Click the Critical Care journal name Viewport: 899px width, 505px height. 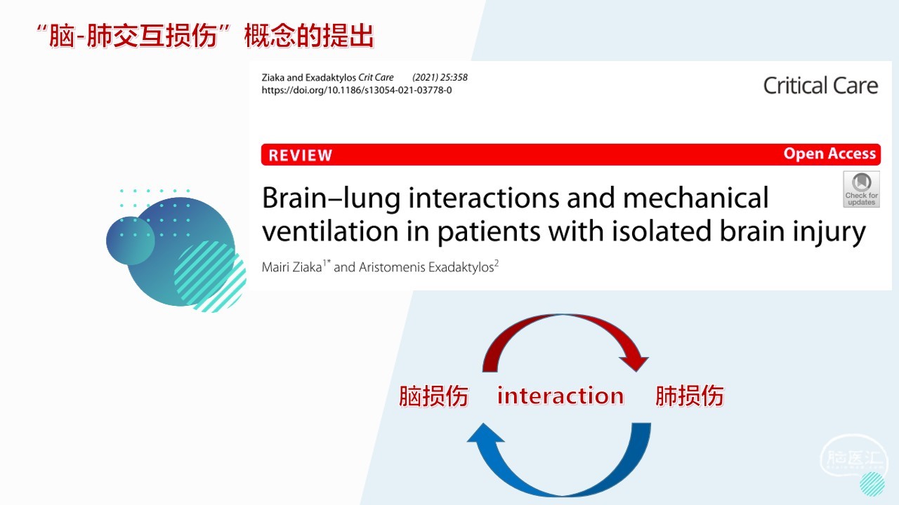pos(820,86)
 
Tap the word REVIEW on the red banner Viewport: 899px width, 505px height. pos(301,156)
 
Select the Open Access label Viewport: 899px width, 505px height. pos(829,154)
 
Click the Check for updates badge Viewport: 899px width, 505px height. pos(861,189)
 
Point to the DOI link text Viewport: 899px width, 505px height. pos(356,90)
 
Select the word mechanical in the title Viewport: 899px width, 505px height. pos(695,198)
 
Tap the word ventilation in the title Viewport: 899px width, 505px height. pos(330,231)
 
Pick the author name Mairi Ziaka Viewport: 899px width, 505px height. pos(291,267)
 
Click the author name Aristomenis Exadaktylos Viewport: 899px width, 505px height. pos(426,267)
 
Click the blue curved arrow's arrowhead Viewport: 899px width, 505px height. pos(485,433)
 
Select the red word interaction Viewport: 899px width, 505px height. pos(560,396)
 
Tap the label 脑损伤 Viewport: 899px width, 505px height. pos(433,396)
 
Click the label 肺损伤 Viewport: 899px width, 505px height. pos(690,396)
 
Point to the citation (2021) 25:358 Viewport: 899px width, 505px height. pos(440,77)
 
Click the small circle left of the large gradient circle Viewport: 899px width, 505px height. pos(131,241)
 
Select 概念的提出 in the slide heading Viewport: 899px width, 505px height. pos(308,36)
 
